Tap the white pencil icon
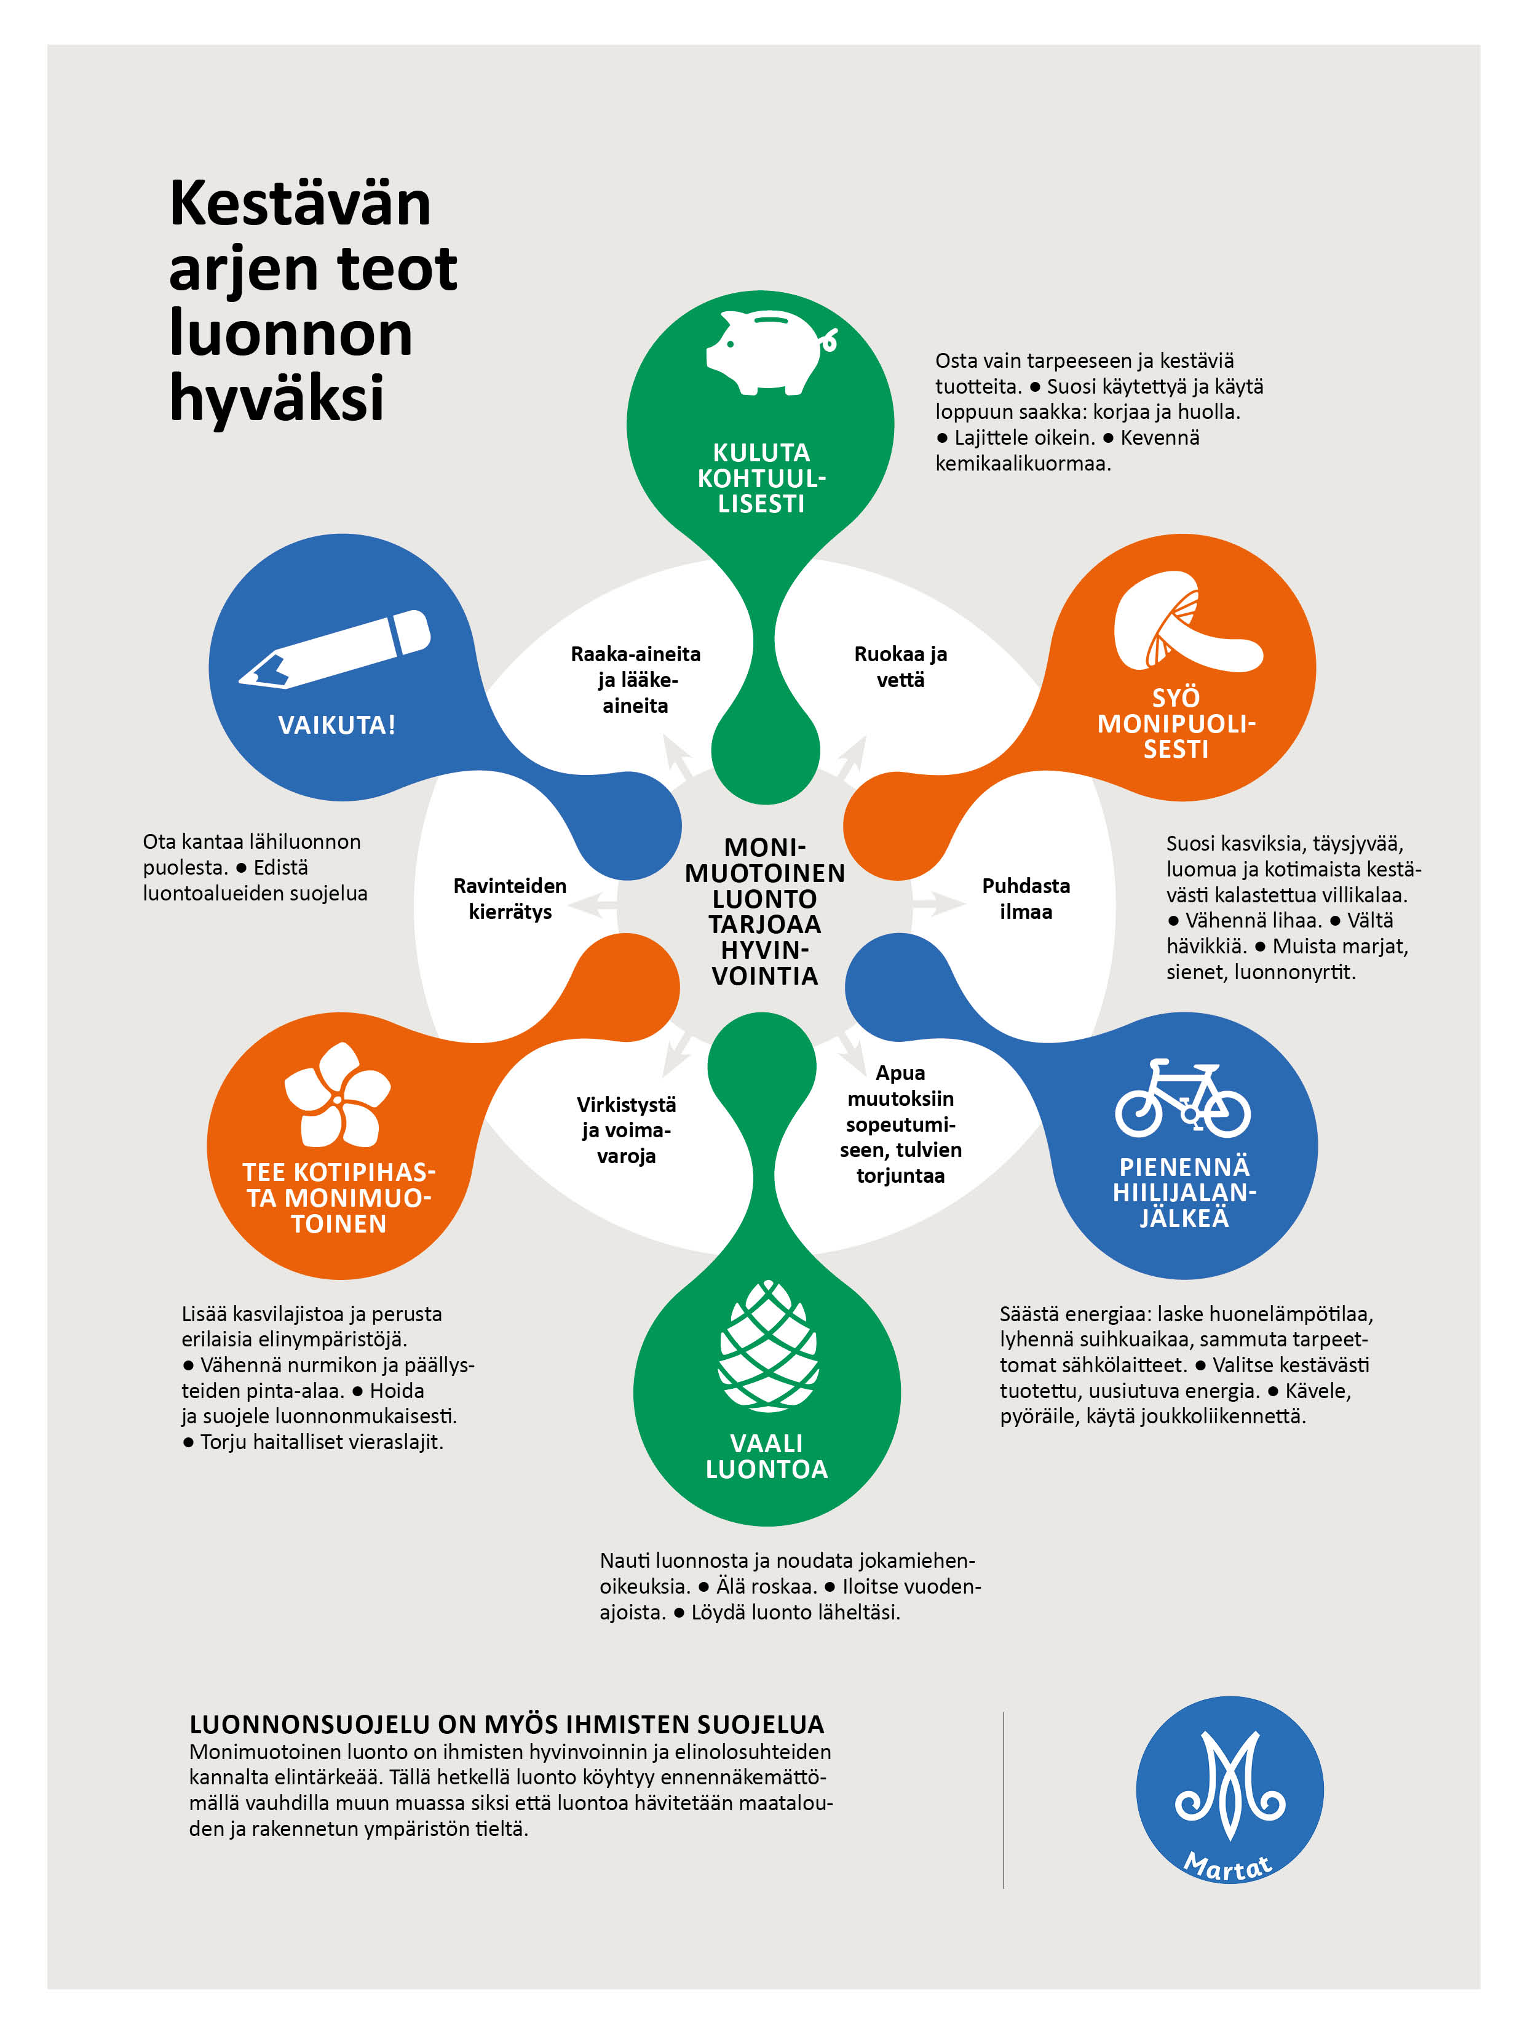point(335,649)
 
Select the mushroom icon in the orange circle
point(1186,622)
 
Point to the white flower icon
point(338,1094)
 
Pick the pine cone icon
point(767,1345)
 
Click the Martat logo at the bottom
point(1229,1789)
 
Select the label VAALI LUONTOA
point(767,1456)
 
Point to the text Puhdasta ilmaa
point(1026,899)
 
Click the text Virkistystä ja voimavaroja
point(626,1130)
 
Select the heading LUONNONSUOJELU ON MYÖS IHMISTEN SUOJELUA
point(507,1724)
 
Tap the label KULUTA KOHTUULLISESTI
point(761,478)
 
